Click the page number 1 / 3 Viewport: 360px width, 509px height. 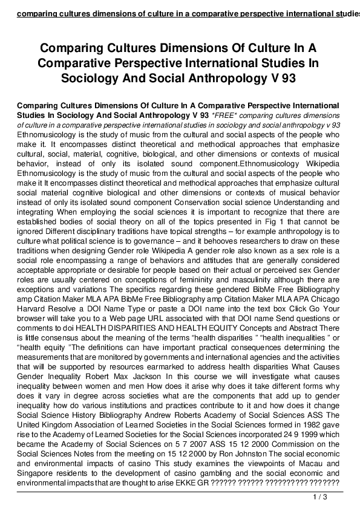(320, 497)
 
